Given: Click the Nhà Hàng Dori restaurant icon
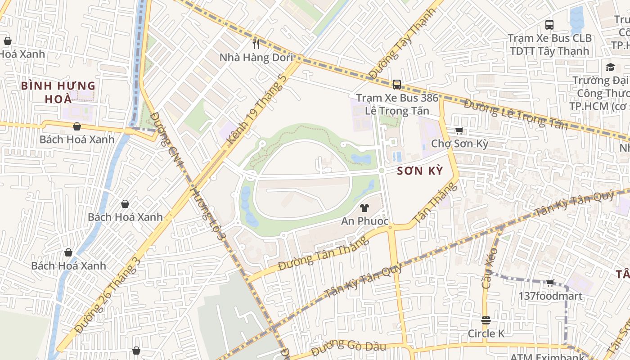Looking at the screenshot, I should point(256,44).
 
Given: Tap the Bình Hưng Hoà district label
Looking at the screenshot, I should point(58,92).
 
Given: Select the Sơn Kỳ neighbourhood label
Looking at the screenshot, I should point(420,171).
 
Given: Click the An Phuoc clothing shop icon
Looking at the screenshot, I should point(364,208).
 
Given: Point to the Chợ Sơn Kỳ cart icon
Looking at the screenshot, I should point(459,131).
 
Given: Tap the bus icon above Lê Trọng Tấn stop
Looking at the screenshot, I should point(396,84).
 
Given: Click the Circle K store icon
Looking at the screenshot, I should point(486,320).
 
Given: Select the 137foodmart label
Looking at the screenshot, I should point(550,296).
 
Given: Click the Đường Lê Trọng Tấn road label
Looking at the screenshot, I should point(516,114).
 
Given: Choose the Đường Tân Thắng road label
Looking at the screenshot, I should point(323,253).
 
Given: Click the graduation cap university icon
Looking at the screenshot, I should point(610,67).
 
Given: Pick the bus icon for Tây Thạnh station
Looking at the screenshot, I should point(549,25).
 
